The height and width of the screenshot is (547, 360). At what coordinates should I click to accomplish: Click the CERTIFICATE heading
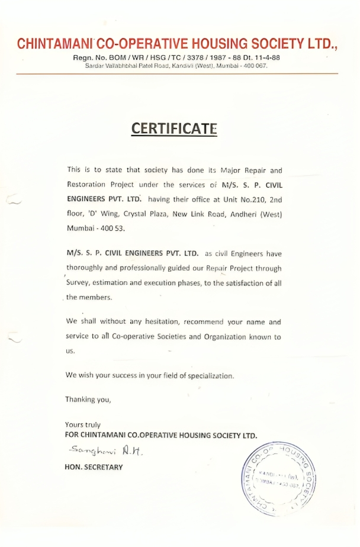174,128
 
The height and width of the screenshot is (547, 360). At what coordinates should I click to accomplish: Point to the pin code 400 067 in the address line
256,66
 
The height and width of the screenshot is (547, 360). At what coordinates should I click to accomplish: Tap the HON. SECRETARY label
94,467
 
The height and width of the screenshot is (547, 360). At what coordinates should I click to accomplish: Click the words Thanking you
88,399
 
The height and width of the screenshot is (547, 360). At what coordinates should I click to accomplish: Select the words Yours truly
83,424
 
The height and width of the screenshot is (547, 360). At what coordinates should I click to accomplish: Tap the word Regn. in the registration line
83,57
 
